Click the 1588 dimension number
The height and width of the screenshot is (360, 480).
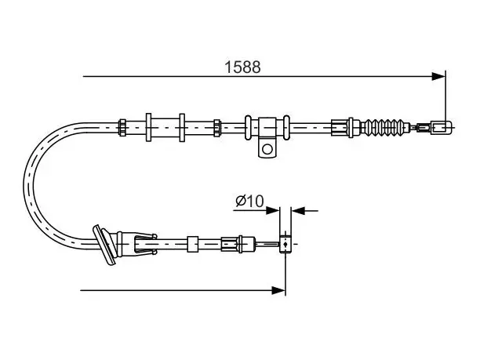point(242,67)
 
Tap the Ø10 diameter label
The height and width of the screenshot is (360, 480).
point(249,201)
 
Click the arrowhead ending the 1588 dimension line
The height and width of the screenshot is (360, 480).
point(438,76)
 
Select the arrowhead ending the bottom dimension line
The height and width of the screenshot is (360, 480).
point(278,290)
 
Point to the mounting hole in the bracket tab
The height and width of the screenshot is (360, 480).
point(267,149)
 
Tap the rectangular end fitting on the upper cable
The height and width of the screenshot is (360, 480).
point(441,127)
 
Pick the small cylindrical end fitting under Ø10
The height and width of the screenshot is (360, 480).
point(285,244)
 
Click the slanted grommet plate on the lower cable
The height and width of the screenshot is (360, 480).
point(104,245)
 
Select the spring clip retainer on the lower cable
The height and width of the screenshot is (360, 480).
point(145,244)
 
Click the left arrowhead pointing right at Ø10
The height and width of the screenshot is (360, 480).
point(273,210)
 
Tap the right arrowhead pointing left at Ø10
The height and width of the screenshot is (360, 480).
point(298,210)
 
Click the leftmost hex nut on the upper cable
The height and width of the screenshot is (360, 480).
point(122,127)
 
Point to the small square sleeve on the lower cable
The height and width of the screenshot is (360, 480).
point(193,244)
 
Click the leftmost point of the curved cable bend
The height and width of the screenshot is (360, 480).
point(24,186)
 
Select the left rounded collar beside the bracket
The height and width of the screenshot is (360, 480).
point(248,127)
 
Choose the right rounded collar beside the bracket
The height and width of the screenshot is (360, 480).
point(286,127)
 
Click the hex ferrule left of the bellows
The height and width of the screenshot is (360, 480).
point(340,127)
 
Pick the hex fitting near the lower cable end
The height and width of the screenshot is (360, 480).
point(230,244)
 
